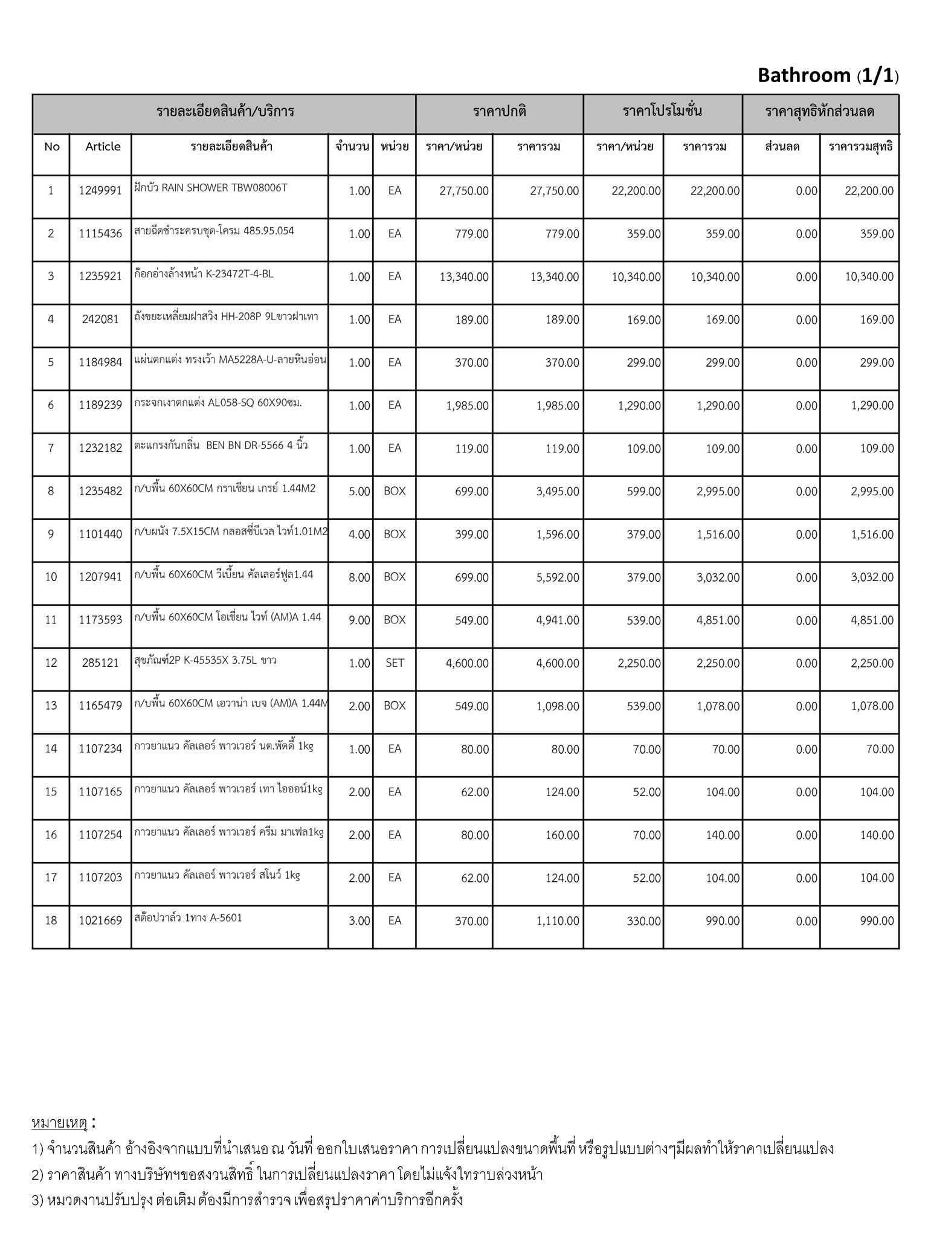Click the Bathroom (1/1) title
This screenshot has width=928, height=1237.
(828, 76)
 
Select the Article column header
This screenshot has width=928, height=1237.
(103, 147)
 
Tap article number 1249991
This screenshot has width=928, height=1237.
(100, 191)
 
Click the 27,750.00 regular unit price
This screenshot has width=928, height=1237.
(464, 191)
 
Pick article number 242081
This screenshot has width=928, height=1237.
(100, 320)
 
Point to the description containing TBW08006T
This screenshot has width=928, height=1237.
(211, 188)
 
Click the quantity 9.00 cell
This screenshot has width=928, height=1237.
(359, 620)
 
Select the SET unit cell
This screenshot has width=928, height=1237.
(395, 663)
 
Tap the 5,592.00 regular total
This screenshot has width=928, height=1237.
(558, 577)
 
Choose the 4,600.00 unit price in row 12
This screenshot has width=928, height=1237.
(467, 663)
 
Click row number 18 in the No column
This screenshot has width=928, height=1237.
(51, 921)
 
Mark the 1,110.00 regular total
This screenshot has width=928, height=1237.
(558, 921)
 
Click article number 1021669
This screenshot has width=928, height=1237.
(100, 921)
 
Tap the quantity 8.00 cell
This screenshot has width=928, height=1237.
(359, 577)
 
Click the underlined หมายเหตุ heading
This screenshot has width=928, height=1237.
(59, 1123)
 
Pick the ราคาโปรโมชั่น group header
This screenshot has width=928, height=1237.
(662, 112)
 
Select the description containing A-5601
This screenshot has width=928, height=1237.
(188, 918)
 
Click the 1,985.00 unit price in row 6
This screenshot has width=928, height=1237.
(467, 406)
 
